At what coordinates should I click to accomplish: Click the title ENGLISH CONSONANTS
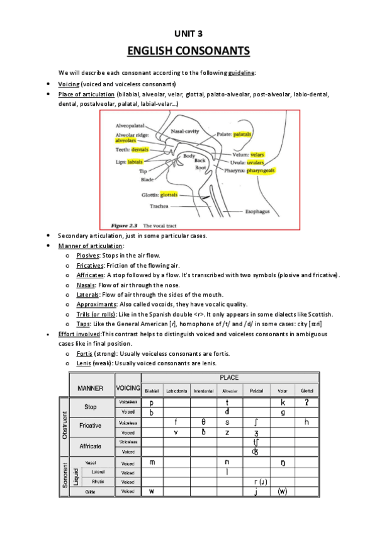188,50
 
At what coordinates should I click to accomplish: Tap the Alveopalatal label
130,125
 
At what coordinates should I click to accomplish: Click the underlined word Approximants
96,304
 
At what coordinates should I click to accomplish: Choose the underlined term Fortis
84,354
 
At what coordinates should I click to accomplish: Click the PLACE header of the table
228,378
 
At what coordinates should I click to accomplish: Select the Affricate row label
90,445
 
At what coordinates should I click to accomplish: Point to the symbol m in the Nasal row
152,462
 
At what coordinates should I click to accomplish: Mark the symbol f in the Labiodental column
176,422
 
